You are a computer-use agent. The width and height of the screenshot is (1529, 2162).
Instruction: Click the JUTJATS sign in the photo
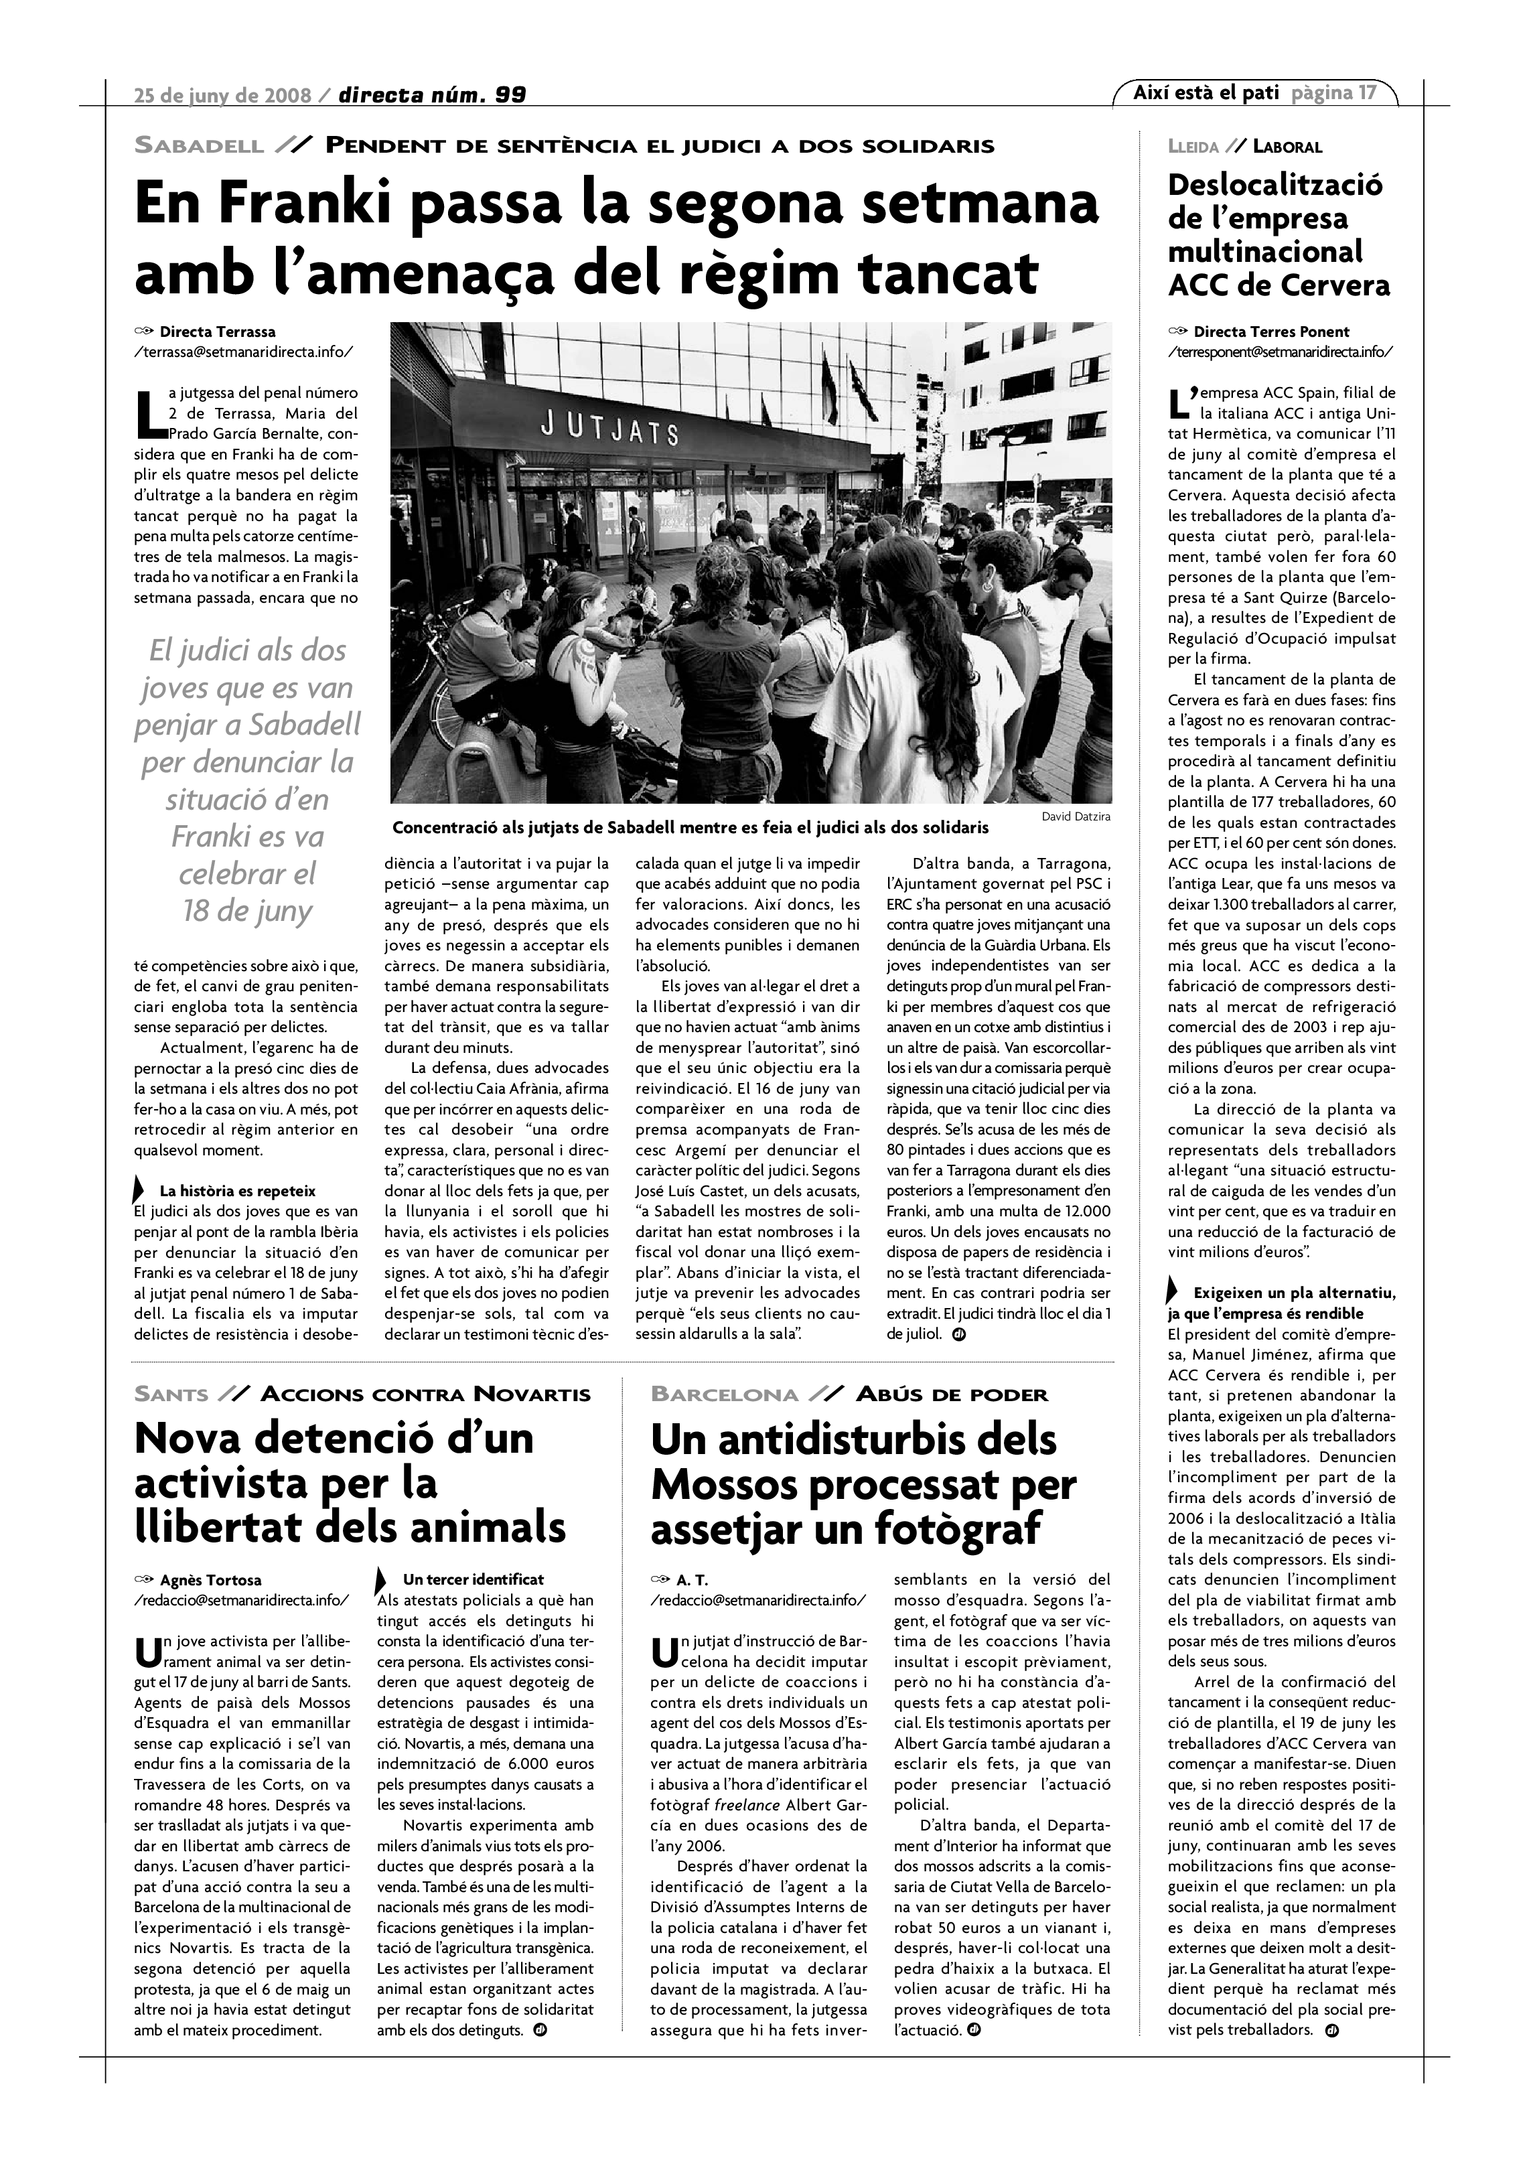point(609,429)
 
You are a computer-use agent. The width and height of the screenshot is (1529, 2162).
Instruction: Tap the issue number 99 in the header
point(510,94)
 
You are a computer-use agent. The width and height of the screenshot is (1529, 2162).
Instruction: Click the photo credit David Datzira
point(1075,816)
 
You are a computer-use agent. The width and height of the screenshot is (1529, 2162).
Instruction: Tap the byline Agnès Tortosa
point(211,1580)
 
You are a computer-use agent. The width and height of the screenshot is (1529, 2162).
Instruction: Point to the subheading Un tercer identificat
point(473,1579)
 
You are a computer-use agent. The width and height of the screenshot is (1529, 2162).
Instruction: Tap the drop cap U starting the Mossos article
point(664,1654)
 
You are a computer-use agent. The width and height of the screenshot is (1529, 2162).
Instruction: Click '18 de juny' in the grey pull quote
point(246,911)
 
